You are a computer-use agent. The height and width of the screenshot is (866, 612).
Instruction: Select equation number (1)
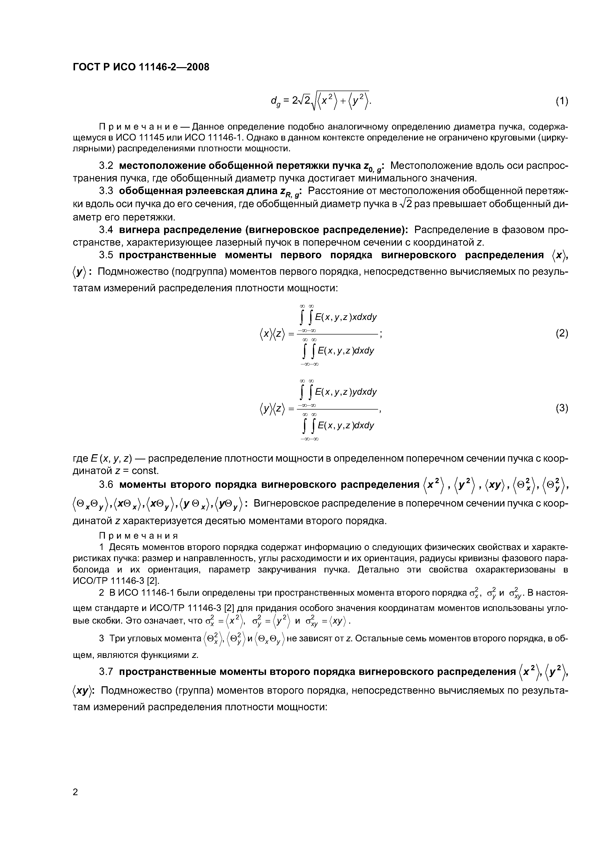point(561,101)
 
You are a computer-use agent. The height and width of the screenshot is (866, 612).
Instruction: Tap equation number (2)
point(561,334)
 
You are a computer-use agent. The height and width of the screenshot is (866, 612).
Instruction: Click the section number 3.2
point(106,166)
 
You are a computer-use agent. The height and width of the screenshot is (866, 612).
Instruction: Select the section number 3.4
point(106,230)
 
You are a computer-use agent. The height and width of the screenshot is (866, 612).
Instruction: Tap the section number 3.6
point(106,484)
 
